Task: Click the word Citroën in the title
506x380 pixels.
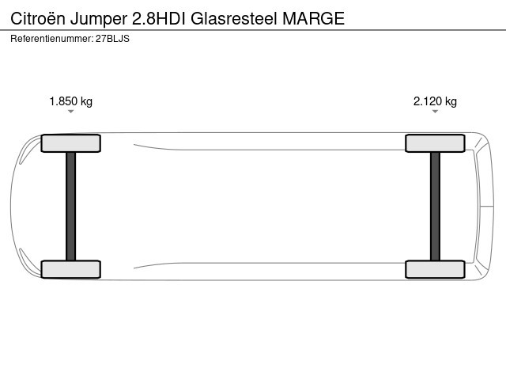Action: coord(38,18)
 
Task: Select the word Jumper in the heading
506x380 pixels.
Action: coord(99,20)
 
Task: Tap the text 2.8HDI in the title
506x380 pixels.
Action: coord(159,18)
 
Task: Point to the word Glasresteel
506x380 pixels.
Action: coord(234,18)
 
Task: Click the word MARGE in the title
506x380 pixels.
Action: coord(314,18)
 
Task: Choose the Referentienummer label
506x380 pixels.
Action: coord(52,39)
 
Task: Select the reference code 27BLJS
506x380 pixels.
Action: coord(112,39)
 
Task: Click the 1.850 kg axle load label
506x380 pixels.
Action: coord(71,101)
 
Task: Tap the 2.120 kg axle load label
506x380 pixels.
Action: coord(435,101)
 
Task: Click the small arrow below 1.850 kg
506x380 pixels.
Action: coord(71,112)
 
